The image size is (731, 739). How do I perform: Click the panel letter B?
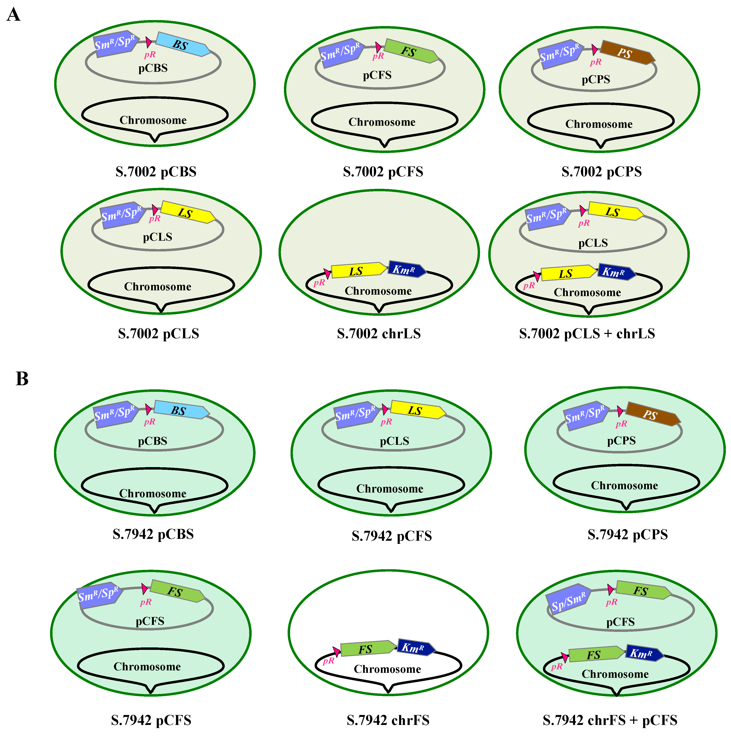click(x=22, y=379)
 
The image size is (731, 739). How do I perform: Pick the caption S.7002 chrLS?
click(x=379, y=334)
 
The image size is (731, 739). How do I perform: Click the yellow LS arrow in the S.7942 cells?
click(x=417, y=410)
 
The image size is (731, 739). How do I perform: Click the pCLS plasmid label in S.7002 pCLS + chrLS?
click(x=593, y=243)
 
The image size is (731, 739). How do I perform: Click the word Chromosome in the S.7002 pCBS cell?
click(x=153, y=120)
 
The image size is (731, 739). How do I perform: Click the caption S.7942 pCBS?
click(x=153, y=534)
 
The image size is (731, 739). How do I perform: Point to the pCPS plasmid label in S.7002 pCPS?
click(x=596, y=80)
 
